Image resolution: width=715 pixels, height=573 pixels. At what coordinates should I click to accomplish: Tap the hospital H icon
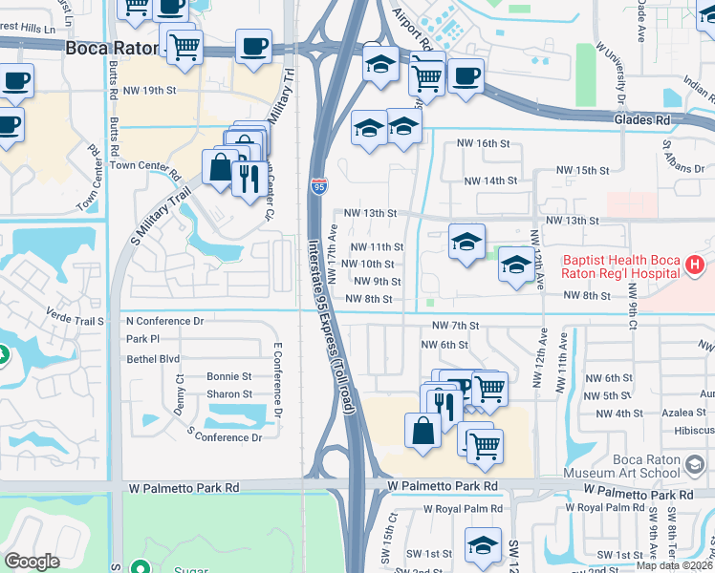click(695, 264)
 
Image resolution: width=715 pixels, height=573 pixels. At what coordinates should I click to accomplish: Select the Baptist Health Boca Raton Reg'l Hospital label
click(622, 265)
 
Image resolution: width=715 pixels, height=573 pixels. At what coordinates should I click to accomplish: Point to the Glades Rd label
click(648, 120)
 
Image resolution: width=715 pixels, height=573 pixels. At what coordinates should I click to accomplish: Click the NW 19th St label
click(152, 91)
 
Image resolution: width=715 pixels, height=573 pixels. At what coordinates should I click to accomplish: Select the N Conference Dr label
click(164, 322)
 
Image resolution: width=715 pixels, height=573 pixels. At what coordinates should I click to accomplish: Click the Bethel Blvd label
click(153, 359)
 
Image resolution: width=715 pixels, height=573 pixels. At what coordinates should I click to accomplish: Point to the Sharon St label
click(229, 394)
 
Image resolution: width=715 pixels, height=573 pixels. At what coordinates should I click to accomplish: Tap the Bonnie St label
click(229, 377)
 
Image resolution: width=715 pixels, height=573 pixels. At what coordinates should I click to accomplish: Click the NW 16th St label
click(484, 143)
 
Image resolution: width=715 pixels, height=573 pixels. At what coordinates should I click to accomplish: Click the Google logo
click(32, 561)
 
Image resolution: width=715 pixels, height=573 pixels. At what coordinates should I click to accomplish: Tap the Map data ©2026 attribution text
click(674, 565)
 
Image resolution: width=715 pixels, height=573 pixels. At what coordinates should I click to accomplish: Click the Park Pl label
click(142, 339)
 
